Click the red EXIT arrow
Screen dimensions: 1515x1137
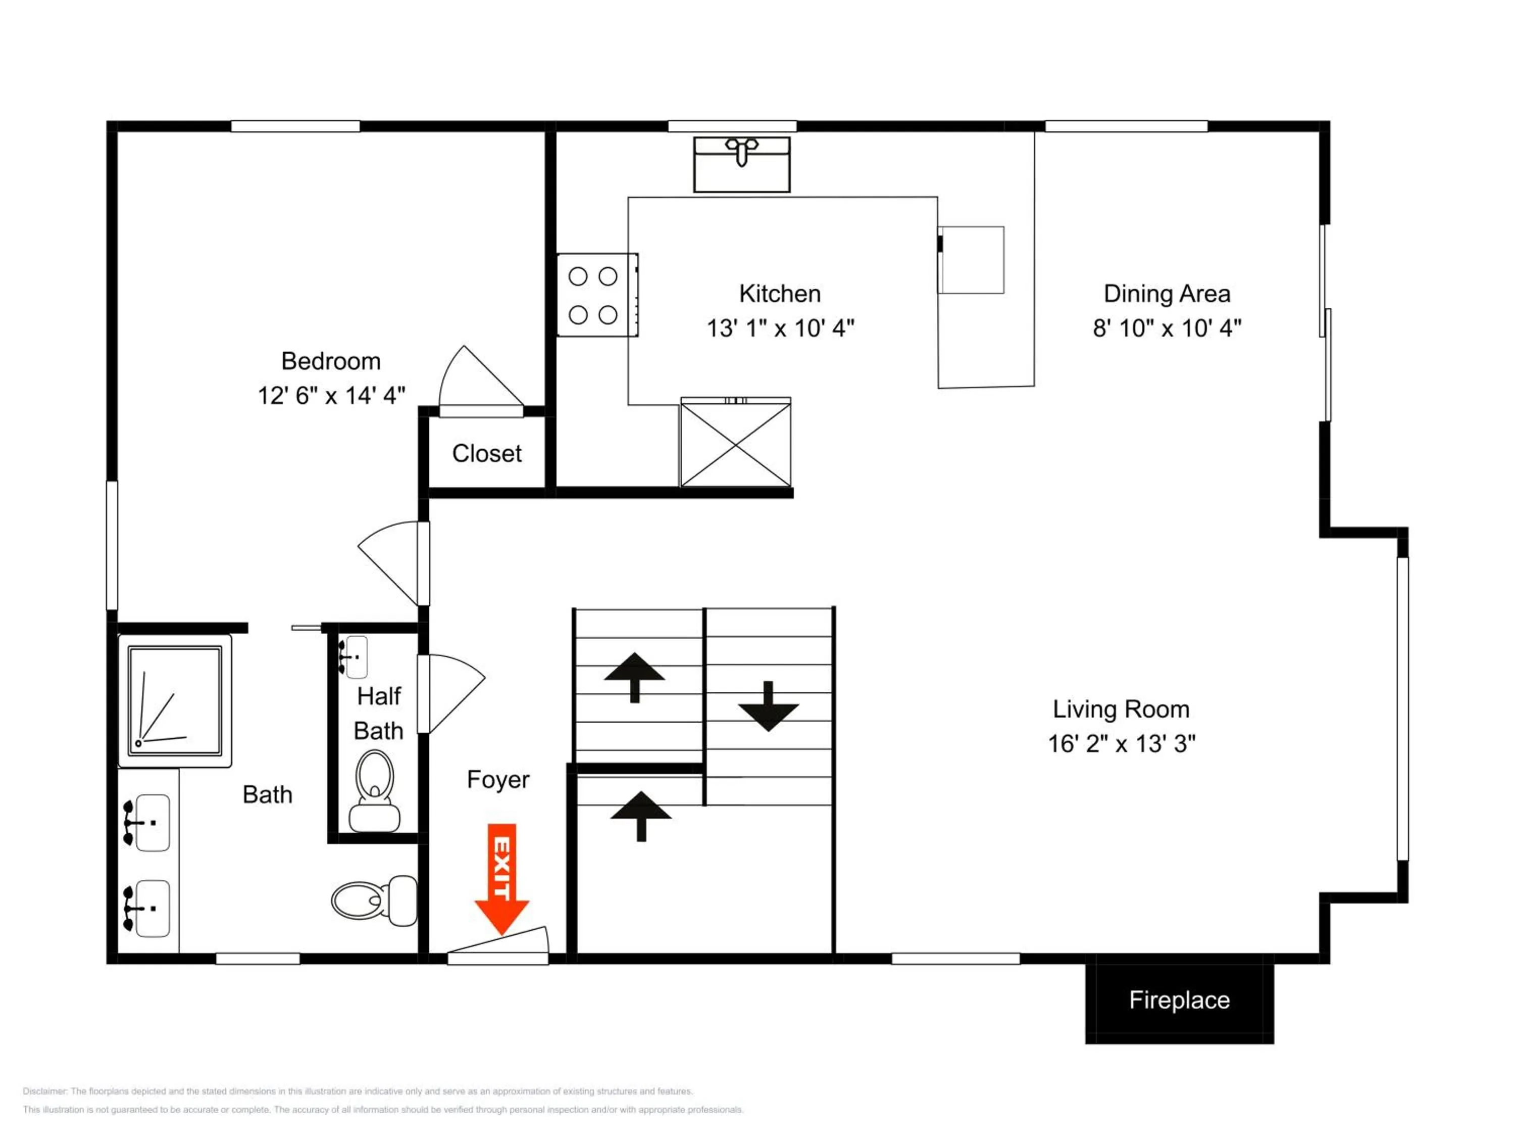501,879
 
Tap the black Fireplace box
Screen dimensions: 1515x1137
1179,1000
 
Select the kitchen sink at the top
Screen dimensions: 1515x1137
742,164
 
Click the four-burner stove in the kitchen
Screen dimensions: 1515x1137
597,295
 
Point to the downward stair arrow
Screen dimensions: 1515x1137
769,706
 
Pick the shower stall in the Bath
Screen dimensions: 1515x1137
175,700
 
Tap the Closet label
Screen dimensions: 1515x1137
487,454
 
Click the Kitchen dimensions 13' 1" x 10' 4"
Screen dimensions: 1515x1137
781,328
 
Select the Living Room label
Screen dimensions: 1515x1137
1121,709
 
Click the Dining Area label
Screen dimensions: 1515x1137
1167,294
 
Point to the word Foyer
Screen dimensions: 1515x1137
498,780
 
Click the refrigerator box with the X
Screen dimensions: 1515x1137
736,443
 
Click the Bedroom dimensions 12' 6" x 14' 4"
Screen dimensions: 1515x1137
331,396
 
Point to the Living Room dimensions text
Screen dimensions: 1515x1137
1122,744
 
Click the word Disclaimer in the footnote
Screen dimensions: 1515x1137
45,1091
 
